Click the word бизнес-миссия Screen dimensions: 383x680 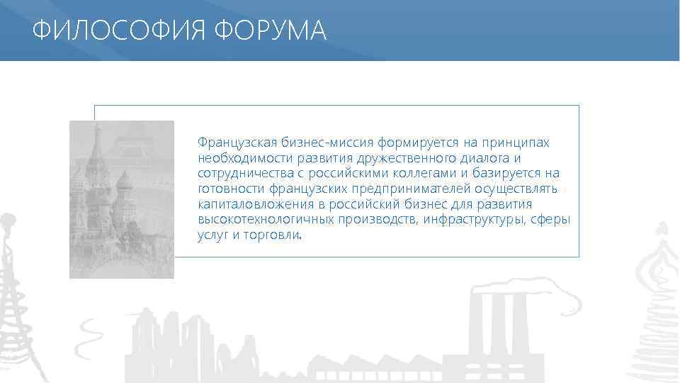pos(322,143)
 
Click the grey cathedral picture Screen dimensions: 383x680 pos(121,199)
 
